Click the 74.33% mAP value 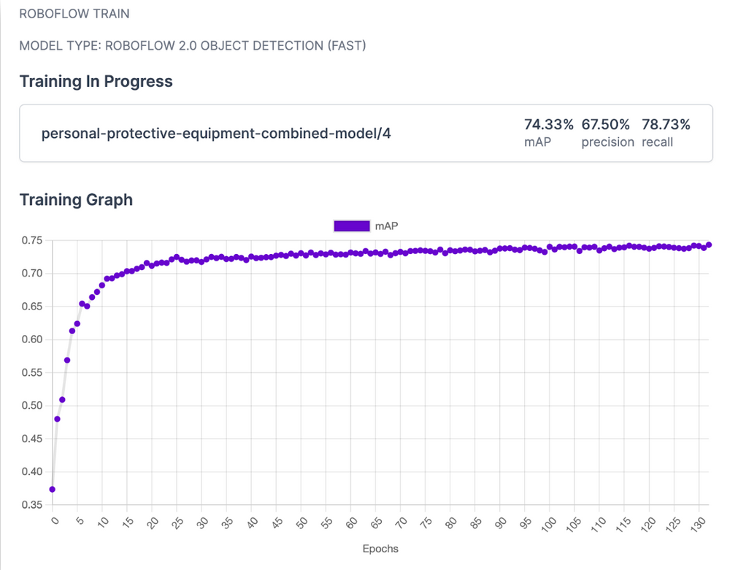(x=549, y=124)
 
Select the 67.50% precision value (x=607, y=124)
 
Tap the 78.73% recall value (x=666, y=124)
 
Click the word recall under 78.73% (x=657, y=142)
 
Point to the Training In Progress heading (x=96, y=81)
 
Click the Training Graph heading (x=76, y=199)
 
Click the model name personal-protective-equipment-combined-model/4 (x=216, y=134)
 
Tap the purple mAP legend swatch (x=352, y=226)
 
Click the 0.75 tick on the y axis (x=33, y=241)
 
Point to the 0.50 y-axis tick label (x=33, y=406)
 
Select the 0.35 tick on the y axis (x=33, y=504)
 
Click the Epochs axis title (x=380, y=548)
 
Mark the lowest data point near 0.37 (x=52, y=489)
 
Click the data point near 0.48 (x=57, y=419)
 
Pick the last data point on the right (x=709, y=245)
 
